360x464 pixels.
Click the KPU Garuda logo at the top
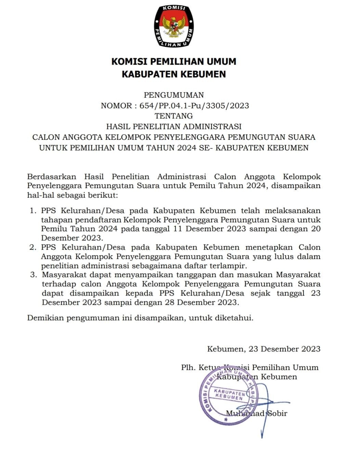click(x=174, y=26)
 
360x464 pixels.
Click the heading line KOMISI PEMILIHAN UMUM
click(x=174, y=62)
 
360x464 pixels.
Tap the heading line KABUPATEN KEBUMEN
click(x=174, y=74)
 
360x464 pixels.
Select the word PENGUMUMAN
click(x=174, y=95)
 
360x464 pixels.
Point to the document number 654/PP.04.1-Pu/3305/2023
click(x=194, y=105)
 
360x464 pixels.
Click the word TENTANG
click(x=174, y=116)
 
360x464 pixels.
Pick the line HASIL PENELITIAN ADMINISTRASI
click(x=174, y=126)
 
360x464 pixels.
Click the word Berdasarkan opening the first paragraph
click(x=51, y=177)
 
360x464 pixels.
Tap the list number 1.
click(x=33, y=210)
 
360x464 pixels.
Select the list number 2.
click(x=33, y=247)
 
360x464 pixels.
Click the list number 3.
click(x=33, y=275)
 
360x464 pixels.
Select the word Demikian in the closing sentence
click(x=46, y=318)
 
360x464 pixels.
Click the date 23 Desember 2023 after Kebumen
click(x=284, y=349)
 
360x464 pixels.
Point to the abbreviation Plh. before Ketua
click(x=189, y=367)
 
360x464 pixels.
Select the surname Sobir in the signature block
click(x=277, y=413)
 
